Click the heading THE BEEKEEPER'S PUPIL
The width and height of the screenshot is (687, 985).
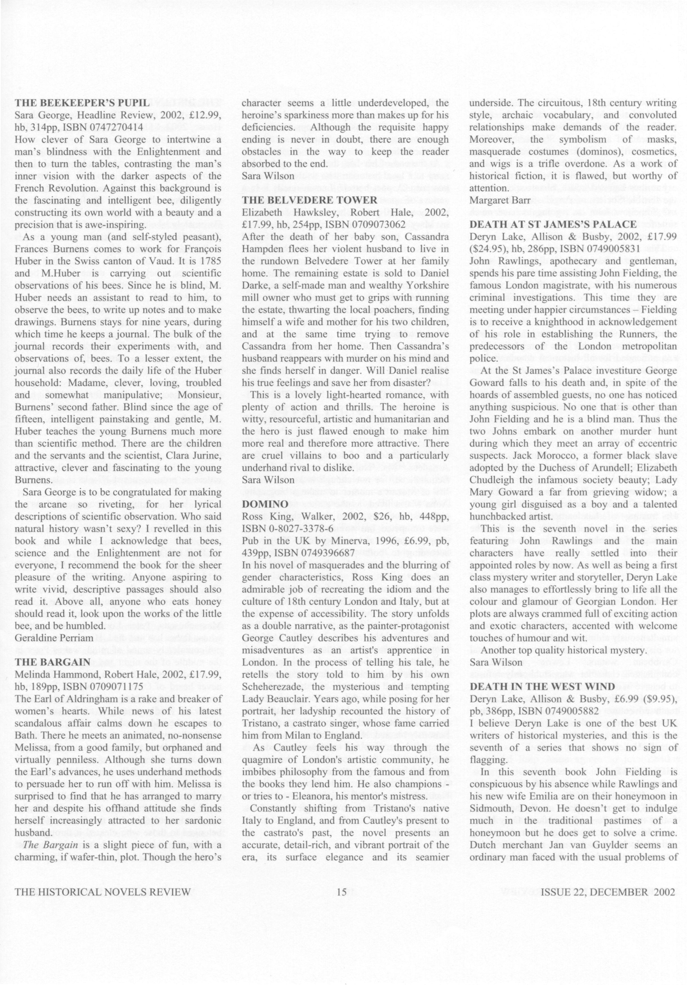click(82, 103)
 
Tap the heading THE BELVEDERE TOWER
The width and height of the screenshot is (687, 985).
click(310, 200)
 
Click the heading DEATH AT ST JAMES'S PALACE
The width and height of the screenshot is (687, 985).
click(553, 224)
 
